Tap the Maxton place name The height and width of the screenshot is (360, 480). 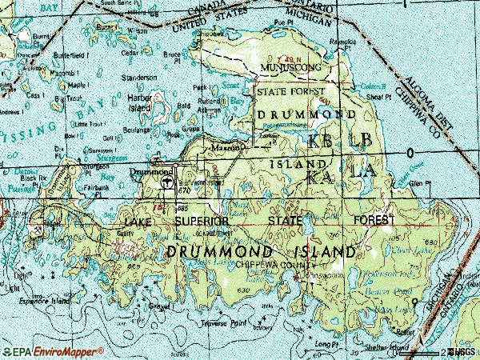click(x=225, y=148)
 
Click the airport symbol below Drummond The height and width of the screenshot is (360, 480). click(x=167, y=182)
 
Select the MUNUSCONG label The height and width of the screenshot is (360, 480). click(x=291, y=69)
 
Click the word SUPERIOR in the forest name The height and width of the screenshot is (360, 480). click(x=202, y=220)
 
